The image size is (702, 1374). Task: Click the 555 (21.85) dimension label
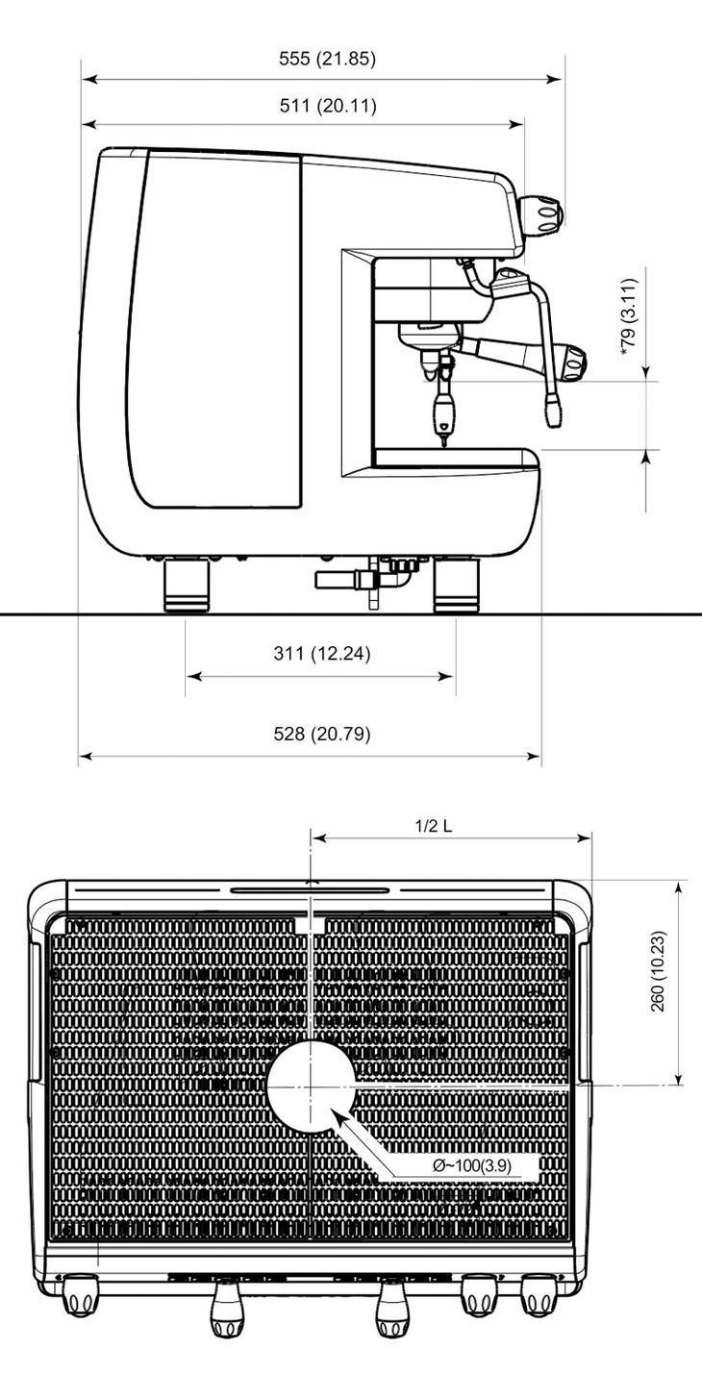coord(327,59)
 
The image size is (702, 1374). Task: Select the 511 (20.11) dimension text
coord(328,106)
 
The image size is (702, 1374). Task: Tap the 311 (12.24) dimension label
coord(322,653)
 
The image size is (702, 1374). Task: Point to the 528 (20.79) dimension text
coord(322,734)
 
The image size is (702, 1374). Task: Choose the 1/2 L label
coord(434,825)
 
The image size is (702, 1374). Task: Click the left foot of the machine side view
coord(187,587)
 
